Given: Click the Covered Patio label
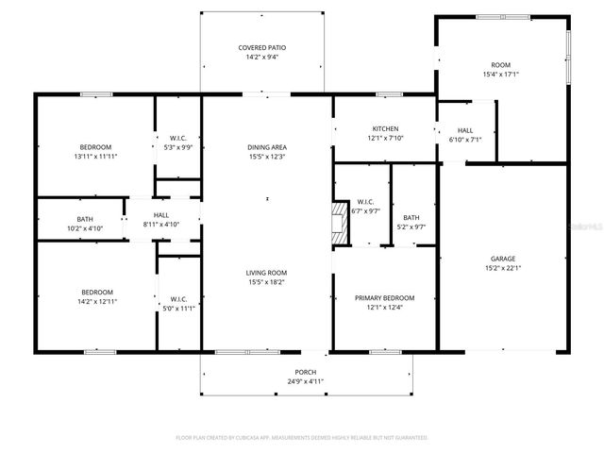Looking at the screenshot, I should tap(261, 47).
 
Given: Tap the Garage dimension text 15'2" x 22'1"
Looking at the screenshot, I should tap(502, 268).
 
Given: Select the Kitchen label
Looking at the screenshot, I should tap(384, 129).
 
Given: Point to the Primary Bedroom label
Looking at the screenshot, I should tap(384, 298).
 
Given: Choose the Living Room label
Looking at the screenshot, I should tap(266, 272).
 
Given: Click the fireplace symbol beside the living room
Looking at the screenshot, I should tap(337, 224).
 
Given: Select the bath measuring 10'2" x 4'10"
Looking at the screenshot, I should tap(78, 224).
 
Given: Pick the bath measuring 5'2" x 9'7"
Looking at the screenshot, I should tap(411, 223).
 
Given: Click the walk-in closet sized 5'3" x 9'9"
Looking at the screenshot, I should tap(177, 143).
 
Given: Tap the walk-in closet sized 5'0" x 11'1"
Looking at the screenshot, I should tap(177, 303).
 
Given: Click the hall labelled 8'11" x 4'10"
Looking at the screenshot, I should tap(161, 220).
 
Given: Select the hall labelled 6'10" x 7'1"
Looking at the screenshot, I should tap(465, 135).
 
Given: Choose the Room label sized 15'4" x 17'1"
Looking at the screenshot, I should tap(499, 69).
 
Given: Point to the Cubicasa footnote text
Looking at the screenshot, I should tap(302, 438).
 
